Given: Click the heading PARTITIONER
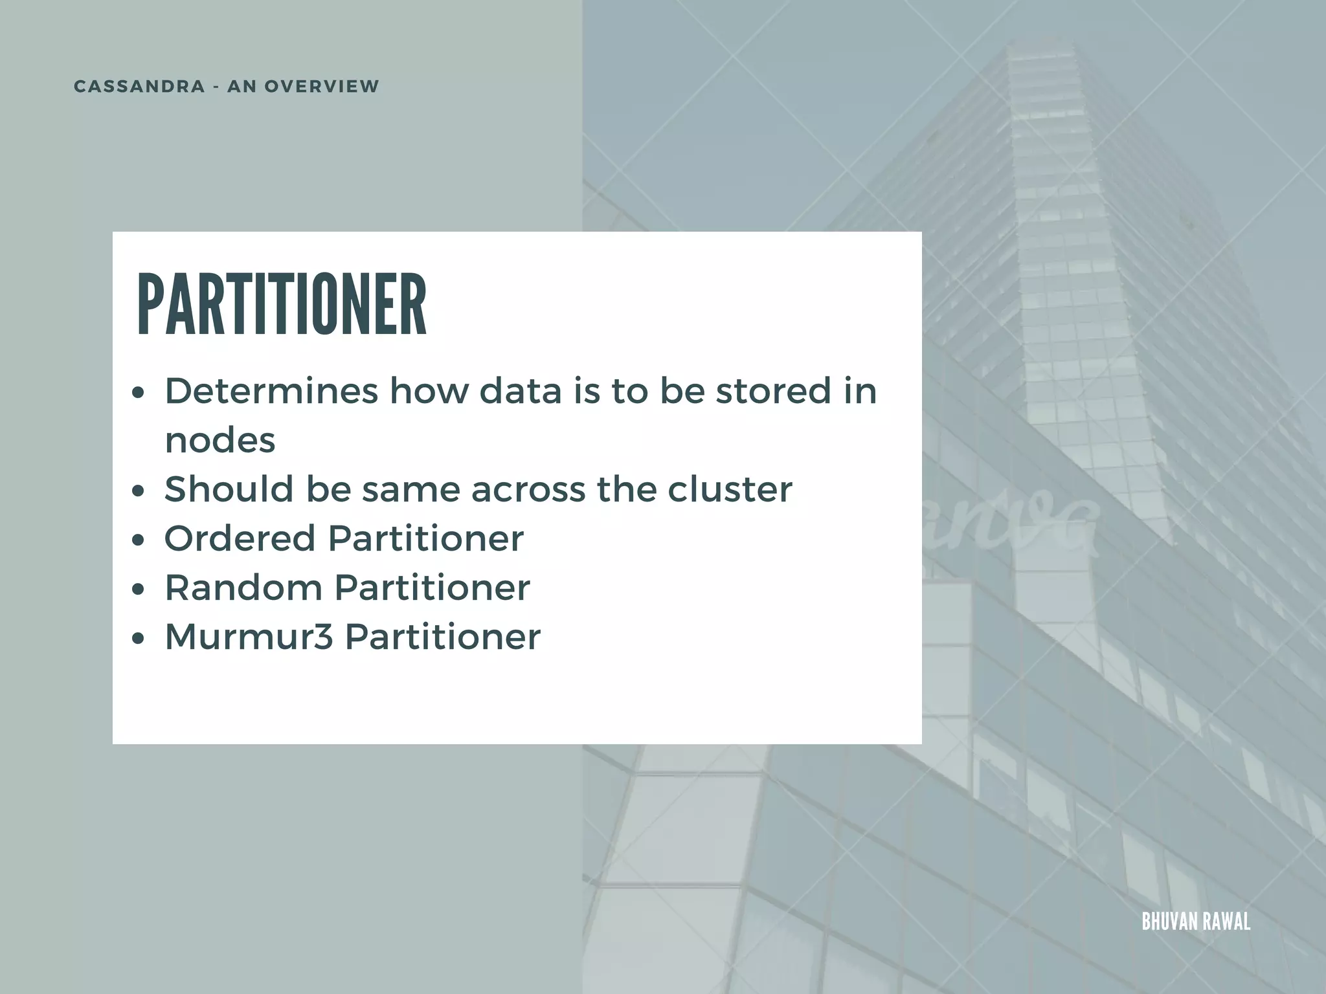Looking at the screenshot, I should (282, 305).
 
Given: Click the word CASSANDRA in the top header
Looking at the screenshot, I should (139, 87).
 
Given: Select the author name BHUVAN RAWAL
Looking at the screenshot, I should (1196, 922).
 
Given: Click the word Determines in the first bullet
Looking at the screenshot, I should (271, 392).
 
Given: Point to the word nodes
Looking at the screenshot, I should (220, 441).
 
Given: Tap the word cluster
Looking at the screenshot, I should (730, 489).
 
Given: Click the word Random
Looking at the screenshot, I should (243, 588).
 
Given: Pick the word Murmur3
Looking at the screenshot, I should (249, 637).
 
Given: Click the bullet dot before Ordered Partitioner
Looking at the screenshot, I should (137, 540).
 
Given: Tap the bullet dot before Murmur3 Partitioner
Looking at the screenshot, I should (137, 639).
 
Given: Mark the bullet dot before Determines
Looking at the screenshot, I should (137, 393).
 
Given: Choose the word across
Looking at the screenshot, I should (528, 491).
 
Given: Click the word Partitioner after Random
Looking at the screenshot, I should (432, 588).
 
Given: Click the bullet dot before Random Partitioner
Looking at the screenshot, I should (137, 590).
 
